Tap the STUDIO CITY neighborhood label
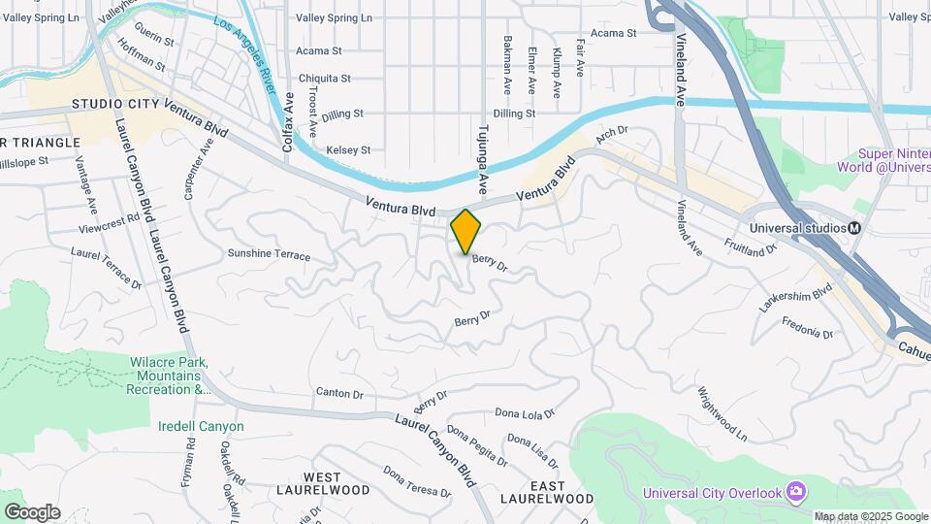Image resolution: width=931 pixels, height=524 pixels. pyautogui.click(x=115, y=104)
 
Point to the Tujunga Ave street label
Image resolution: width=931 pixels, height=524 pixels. pyautogui.click(x=482, y=154)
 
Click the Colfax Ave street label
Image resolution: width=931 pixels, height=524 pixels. pyautogui.click(x=288, y=123)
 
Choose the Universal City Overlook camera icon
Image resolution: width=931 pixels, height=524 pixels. pyautogui.click(x=797, y=492)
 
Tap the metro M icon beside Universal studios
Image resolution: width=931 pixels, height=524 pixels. pyautogui.click(x=855, y=228)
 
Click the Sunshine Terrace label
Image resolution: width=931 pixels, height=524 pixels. pyautogui.click(x=269, y=255)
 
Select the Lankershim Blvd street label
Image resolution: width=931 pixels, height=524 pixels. pyautogui.click(x=796, y=297)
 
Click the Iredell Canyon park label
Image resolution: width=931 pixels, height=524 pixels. pyautogui.click(x=202, y=426)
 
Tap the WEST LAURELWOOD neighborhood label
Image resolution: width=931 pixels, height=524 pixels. pyautogui.click(x=322, y=483)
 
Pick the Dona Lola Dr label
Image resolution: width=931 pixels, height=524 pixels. pyautogui.click(x=525, y=413)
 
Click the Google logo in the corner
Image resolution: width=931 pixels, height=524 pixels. pyautogui.click(x=32, y=511)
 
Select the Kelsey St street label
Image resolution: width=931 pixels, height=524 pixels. pyautogui.click(x=349, y=150)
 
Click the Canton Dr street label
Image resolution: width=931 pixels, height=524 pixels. pyautogui.click(x=339, y=394)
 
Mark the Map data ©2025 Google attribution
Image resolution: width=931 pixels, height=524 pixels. pyautogui.click(x=870, y=516)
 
